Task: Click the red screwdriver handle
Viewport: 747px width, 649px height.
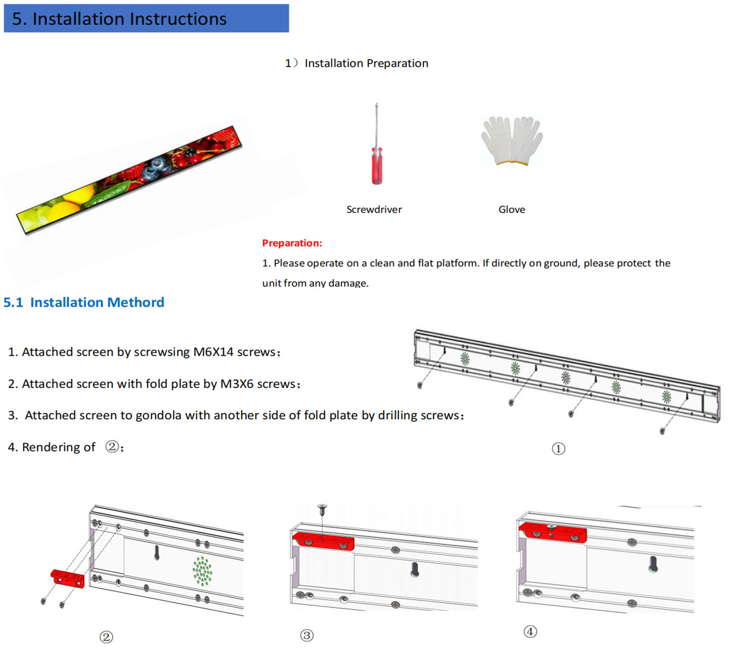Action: tap(377, 166)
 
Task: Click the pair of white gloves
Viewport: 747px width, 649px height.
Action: tap(512, 141)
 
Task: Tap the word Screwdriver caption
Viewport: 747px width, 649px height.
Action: tap(374, 210)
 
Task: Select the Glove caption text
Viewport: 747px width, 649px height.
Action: tap(512, 210)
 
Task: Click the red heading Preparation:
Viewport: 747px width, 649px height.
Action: tap(292, 243)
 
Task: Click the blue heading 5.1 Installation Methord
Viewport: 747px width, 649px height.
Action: tap(84, 302)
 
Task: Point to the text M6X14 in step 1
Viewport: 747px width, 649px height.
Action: tap(213, 352)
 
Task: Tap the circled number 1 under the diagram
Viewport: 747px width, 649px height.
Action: tap(558, 448)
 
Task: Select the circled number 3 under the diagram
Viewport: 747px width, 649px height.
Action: tap(306, 635)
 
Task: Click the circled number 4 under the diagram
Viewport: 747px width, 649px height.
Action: tap(530, 632)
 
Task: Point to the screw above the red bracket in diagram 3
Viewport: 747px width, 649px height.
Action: tap(322, 510)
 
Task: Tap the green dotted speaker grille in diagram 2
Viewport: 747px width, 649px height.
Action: tap(202, 571)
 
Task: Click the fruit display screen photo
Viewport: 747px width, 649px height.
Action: tap(128, 181)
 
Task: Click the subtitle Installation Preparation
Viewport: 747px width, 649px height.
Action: tap(366, 64)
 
